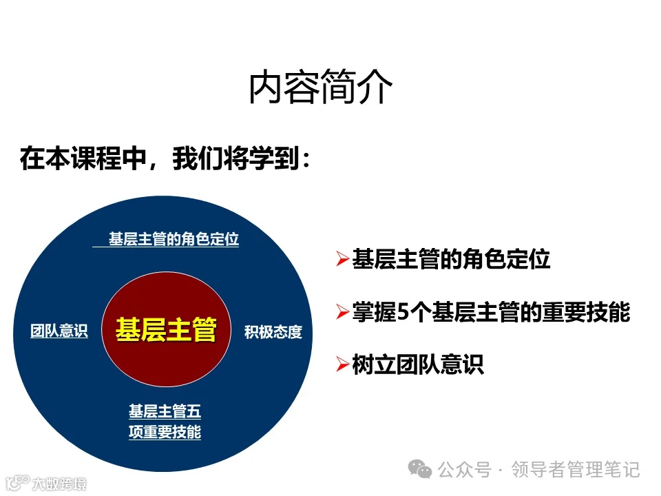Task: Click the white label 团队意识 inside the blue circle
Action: pos(59,331)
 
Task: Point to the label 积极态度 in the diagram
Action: pos(273,332)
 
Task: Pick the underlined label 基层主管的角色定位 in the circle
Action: pos(174,240)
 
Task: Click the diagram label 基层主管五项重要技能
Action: pos(165,422)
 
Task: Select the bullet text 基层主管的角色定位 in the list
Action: pos(451,260)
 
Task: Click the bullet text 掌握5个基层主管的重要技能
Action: pos(491,312)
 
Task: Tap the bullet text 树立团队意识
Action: pos(418,364)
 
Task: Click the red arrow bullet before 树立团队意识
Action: pos(342,364)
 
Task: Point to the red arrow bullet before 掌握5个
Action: pos(342,313)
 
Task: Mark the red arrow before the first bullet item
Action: pos(342,260)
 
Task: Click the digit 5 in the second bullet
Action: pos(403,313)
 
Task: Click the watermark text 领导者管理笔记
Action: pos(576,470)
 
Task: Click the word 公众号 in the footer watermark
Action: pos(465,470)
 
